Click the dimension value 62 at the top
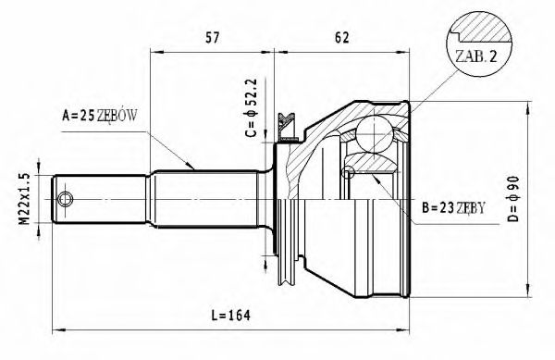[341, 38]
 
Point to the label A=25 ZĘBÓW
[100, 117]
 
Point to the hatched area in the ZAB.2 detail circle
[481, 32]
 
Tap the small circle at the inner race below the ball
[349, 171]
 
